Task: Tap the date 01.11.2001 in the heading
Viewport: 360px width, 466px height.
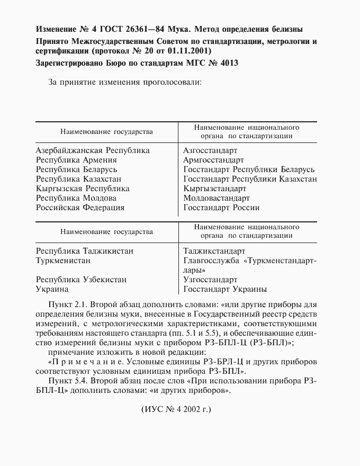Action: click(189, 51)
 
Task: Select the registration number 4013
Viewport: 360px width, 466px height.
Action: click(225, 64)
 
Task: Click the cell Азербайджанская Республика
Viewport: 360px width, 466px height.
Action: click(93, 150)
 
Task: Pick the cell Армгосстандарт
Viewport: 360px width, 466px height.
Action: click(213, 160)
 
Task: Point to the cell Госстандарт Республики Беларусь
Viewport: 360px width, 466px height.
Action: click(249, 169)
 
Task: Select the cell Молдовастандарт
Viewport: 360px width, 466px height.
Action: click(217, 198)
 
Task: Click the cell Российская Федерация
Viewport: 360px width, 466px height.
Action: click(80, 208)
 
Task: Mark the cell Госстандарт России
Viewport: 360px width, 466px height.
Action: click(221, 208)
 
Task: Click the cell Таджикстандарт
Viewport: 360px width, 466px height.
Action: click(214, 251)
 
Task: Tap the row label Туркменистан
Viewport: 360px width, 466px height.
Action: click(63, 261)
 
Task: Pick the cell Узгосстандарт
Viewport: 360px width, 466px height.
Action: click(210, 280)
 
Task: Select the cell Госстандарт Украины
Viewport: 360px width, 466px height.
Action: click(225, 289)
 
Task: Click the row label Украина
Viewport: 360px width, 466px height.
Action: click(52, 289)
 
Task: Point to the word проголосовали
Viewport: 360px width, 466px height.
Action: click(171, 83)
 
